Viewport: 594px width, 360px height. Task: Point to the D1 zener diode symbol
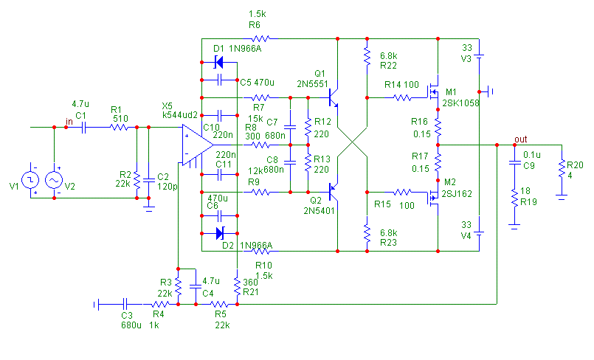pos(218,63)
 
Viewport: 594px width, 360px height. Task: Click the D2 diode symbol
pos(218,234)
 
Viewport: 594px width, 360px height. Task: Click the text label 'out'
pos(521,139)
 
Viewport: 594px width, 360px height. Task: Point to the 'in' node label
pos(69,121)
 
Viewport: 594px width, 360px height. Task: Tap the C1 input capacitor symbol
pos(83,127)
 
